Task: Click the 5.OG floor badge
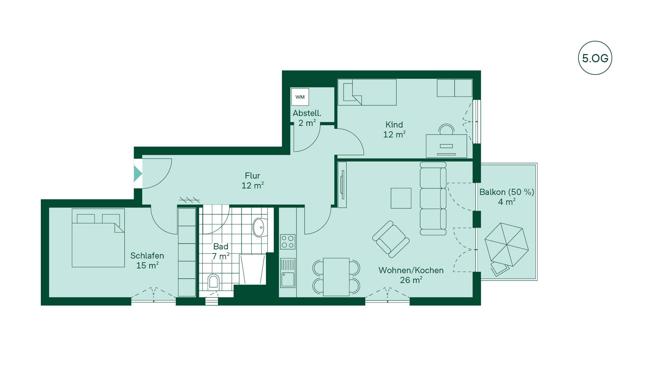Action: pos(595,58)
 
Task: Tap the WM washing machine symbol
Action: pos(300,97)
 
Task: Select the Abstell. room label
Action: pos(307,113)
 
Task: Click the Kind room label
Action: pos(394,125)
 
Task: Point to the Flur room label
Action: pos(252,176)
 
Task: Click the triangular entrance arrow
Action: pos(138,173)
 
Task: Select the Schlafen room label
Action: pos(147,255)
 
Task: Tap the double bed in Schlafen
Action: pos(98,238)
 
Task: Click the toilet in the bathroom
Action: pos(214,282)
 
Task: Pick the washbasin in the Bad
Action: pos(259,227)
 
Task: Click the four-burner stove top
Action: pos(288,242)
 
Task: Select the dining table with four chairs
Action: pos(336,277)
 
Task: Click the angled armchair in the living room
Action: pos(391,239)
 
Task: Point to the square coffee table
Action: pos(401,198)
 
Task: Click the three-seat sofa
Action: pos(433,199)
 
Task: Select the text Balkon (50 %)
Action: pos(507,192)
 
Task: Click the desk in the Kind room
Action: pos(446,146)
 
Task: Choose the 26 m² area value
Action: pos(411,280)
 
